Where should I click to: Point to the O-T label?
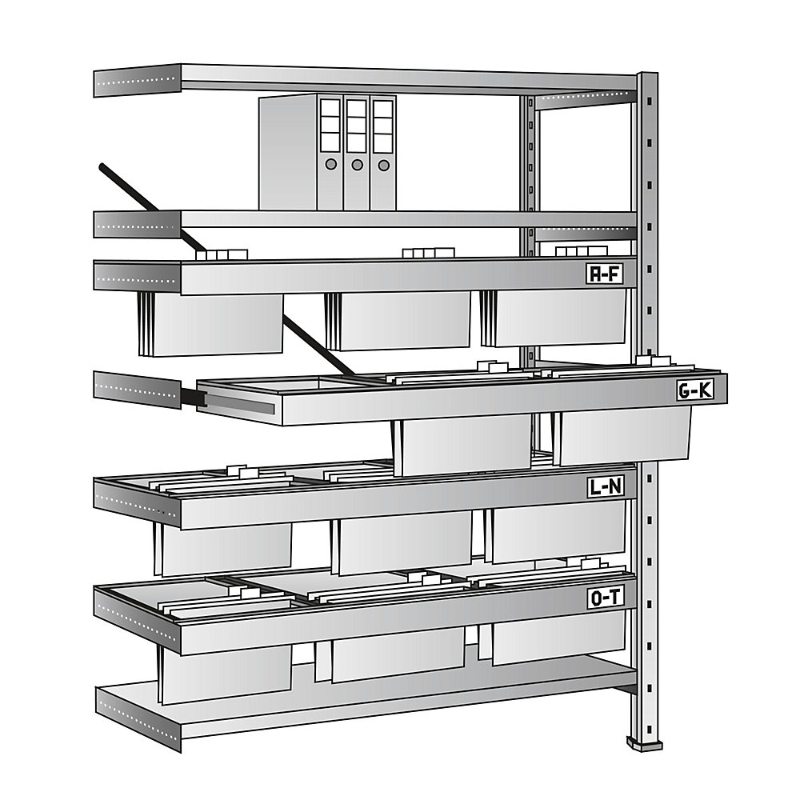(606, 598)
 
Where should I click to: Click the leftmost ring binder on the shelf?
(329, 152)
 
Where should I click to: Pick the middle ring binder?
(357, 152)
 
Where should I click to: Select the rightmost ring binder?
(383, 152)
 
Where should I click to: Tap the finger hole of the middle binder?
(357, 165)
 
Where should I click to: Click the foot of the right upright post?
(645, 743)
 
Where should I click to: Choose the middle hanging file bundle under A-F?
(400, 320)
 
